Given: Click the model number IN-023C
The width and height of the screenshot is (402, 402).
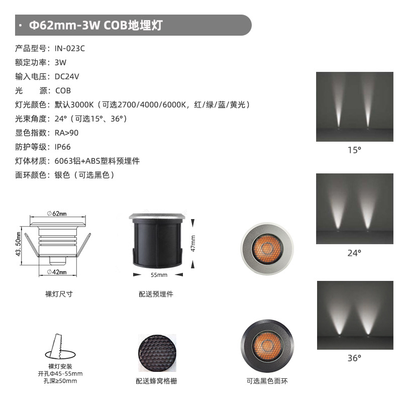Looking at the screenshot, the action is (70, 48).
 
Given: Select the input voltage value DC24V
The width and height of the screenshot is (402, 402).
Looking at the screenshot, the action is (67, 76).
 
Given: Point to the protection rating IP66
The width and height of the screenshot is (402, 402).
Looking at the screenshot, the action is (62, 147).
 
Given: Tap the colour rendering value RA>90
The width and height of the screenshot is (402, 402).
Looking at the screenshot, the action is (66, 133).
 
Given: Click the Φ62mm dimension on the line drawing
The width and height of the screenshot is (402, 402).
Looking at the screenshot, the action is (57, 213).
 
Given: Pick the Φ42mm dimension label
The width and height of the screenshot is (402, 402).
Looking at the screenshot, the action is (57, 272).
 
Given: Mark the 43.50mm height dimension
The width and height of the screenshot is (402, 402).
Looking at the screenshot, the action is (18, 244).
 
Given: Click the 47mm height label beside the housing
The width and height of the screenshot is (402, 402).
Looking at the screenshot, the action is (193, 243).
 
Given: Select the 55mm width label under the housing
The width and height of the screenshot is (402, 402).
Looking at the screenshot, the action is (159, 275).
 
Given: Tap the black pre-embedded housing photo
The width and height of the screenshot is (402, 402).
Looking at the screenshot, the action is (157, 240).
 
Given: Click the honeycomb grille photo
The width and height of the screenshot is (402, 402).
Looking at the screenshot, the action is (157, 353).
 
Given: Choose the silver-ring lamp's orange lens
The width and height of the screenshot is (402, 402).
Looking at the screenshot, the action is (267, 249).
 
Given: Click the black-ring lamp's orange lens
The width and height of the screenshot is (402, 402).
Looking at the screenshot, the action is (267, 346).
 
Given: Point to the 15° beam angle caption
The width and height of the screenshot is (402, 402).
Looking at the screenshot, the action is (354, 150).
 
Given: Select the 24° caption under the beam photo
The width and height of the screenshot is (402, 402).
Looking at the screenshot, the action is (354, 253).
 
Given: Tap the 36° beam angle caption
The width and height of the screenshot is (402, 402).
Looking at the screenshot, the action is (354, 358).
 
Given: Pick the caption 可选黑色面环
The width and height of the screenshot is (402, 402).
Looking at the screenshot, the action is (267, 381).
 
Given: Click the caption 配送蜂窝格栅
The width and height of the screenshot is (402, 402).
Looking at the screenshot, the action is (156, 381).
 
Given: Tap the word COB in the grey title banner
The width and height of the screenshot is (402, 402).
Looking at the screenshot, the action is (116, 25).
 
